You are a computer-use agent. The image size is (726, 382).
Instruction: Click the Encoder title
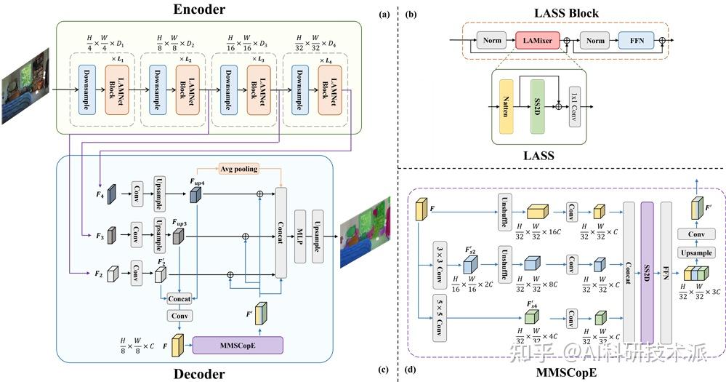click(x=200, y=9)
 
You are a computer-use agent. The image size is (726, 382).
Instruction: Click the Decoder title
click(x=200, y=374)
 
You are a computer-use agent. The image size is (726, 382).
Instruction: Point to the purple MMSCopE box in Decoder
click(x=238, y=344)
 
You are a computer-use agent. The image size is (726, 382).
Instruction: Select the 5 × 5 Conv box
click(x=439, y=317)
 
